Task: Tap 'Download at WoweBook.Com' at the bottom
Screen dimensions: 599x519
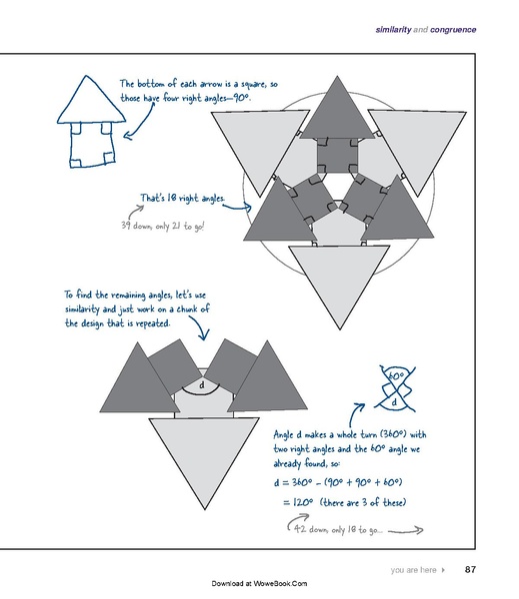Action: pos(259,583)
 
